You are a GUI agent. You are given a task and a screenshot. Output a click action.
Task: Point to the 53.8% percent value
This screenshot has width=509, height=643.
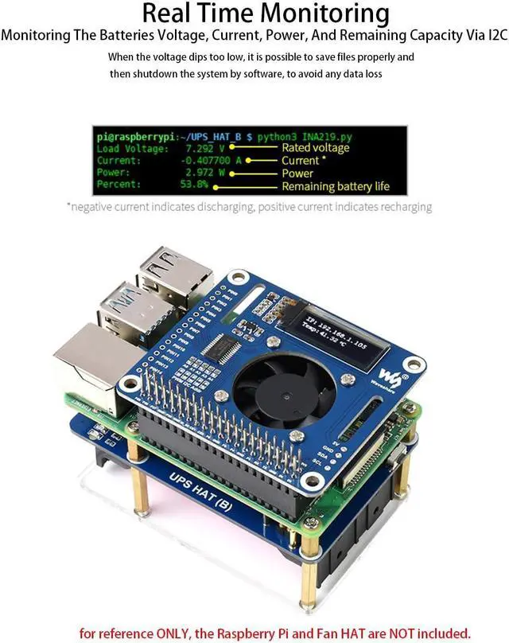[x=194, y=185]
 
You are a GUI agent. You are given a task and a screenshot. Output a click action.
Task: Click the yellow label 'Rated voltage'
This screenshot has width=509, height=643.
[x=316, y=148]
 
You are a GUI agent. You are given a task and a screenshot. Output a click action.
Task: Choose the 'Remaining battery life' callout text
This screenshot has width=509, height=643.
[x=336, y=186]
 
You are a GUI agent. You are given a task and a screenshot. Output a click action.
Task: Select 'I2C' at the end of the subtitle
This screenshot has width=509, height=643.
[x=490, y=36]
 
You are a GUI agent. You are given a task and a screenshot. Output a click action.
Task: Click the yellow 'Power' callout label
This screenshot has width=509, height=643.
[x=297, y=173]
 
